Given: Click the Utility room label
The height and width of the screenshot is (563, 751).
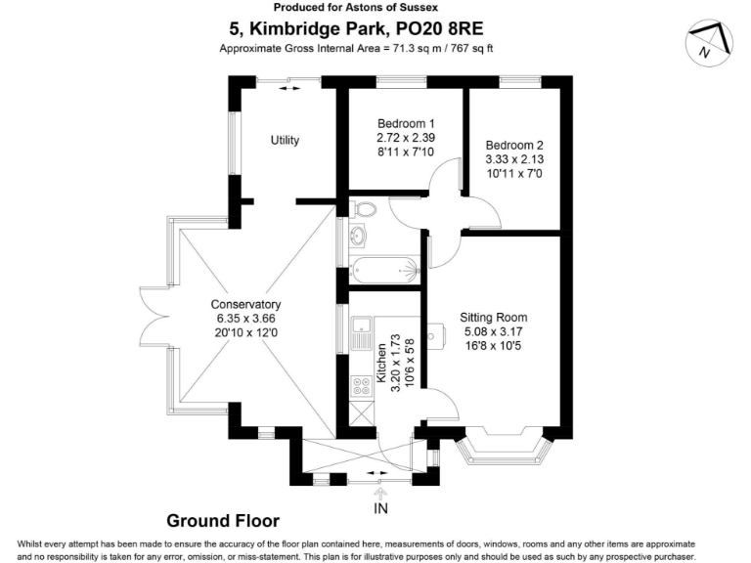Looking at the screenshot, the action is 285,141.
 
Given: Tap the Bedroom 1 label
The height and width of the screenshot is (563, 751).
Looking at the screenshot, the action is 406,123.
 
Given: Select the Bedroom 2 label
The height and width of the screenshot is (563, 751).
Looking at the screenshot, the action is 514,145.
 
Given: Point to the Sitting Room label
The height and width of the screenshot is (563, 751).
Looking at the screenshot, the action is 493,318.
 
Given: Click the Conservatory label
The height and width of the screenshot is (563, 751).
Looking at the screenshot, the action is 245,305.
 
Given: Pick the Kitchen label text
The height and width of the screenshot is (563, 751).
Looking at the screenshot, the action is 381,363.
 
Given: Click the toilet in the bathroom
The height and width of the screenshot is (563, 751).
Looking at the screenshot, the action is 363,209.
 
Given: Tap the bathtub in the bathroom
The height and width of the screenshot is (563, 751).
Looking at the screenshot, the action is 385,271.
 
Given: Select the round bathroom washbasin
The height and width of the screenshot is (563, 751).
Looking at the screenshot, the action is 357,235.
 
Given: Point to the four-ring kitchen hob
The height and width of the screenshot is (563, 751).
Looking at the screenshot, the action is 362,387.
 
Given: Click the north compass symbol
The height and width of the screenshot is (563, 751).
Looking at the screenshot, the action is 709,43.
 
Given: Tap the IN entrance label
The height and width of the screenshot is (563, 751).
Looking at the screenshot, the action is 380,508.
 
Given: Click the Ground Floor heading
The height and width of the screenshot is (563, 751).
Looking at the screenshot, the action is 223,521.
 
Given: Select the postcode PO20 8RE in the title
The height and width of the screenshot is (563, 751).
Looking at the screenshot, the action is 439,28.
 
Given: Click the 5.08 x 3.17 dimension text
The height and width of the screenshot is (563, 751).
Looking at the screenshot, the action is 493,331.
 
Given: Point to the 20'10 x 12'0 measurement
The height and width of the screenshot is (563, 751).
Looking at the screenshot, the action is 246,332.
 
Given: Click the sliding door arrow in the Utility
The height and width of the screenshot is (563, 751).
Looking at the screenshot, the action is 289,89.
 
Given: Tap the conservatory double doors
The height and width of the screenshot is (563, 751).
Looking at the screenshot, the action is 155,316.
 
